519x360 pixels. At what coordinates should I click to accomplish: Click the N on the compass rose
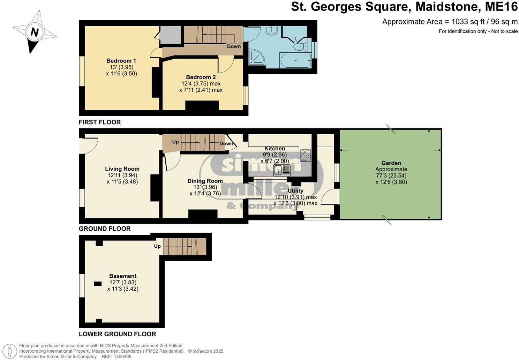pyautogui.click(x=34, y=32)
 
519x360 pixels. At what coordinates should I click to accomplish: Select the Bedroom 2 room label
pyautogui.click(x=201, y=77)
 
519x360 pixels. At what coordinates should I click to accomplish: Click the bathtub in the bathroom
pyautogui.click(x=295, y=61)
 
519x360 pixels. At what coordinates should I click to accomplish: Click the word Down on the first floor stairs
pyautogui.click(x=234, y=46)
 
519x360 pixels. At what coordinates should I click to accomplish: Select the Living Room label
pyautogui.click(x=122, y=169)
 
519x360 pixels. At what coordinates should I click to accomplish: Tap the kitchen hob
pyautogui.click(x=305, y=155)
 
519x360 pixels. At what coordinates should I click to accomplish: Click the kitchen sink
pyautogui.click(x=282, y=170)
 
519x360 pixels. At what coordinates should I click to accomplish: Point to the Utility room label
pyautogui.click(x=295, y=191)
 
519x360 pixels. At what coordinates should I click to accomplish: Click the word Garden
pyautogui.click(x=391, y=163)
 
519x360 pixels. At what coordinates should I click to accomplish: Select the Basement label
pyautogui.click(x=123, y=276)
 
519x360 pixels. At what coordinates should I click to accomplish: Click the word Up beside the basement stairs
pyautogui.click(x=157, y=246)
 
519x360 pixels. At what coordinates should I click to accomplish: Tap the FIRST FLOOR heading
pyautogui.click(x=100, y=122)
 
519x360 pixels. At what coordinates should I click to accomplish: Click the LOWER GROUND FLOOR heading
pyautogui.click(x=117, y=334)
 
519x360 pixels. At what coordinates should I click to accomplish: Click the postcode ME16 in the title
pyautogui.click(x=502, y=7)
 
